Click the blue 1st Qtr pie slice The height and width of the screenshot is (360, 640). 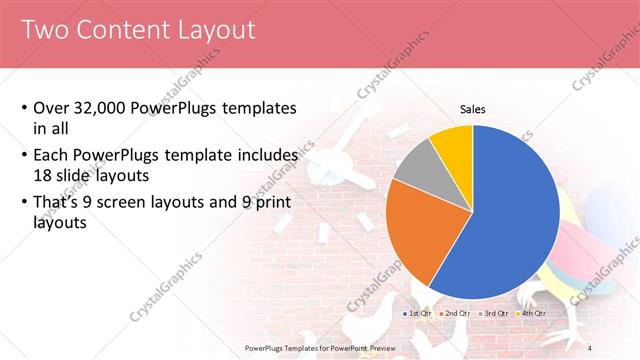coord(510,220)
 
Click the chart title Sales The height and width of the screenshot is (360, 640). coord(473,109)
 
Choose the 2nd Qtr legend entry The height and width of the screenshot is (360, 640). coord(457,313)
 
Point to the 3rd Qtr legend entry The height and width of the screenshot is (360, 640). coord(495,313)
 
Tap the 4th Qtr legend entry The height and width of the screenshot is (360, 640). coord(532,313)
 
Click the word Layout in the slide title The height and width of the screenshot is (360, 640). coord(207,31)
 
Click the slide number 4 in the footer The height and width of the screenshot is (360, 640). coord(590,347)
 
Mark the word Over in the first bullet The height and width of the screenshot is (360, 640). coord(52,109)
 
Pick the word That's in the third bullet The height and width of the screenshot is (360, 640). coord(61,203)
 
